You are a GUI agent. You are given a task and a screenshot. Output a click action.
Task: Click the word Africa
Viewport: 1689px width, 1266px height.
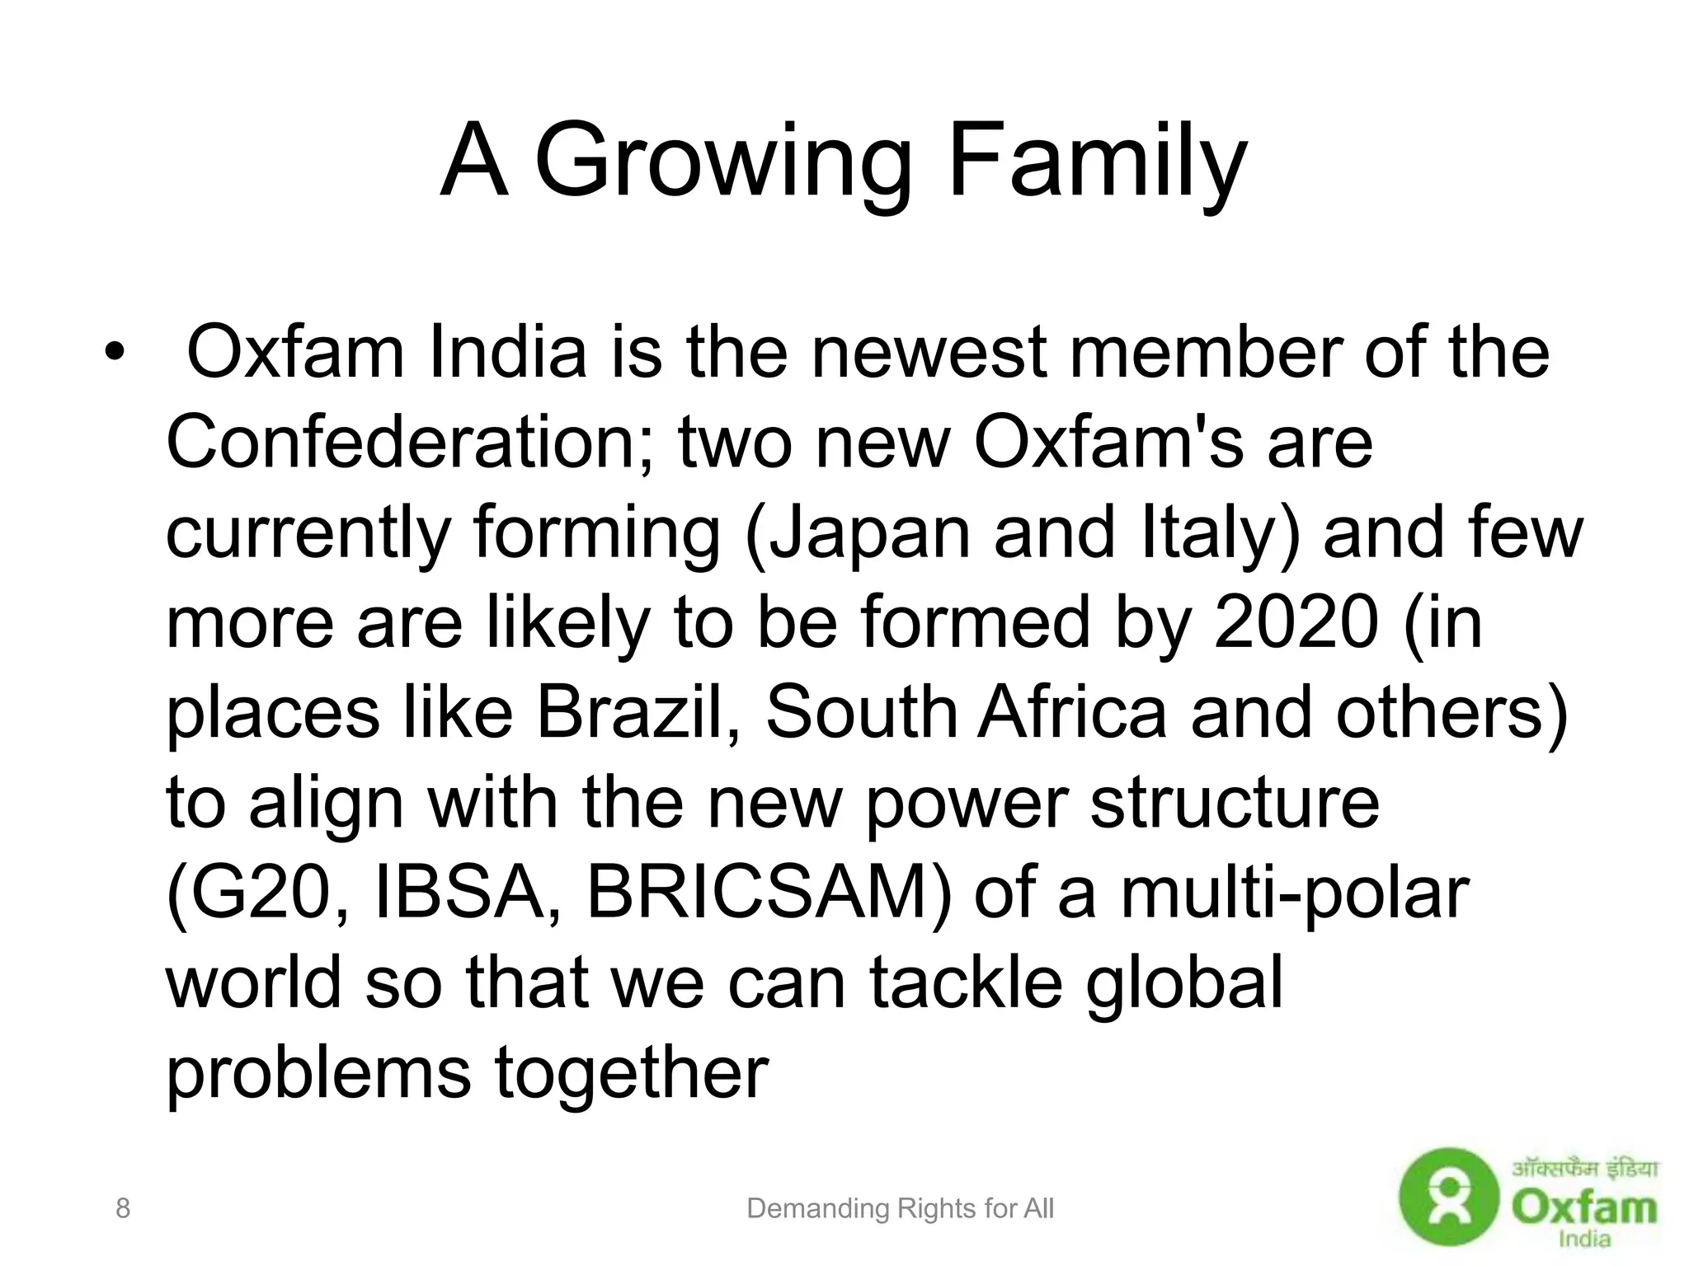[1072, 712]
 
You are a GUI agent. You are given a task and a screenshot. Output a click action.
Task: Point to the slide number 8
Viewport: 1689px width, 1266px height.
[123, 1208]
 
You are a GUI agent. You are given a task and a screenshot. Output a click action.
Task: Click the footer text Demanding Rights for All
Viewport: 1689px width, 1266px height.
[900, 1209]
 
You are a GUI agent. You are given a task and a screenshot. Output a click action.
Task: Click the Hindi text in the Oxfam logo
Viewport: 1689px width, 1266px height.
[1584, 1169]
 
